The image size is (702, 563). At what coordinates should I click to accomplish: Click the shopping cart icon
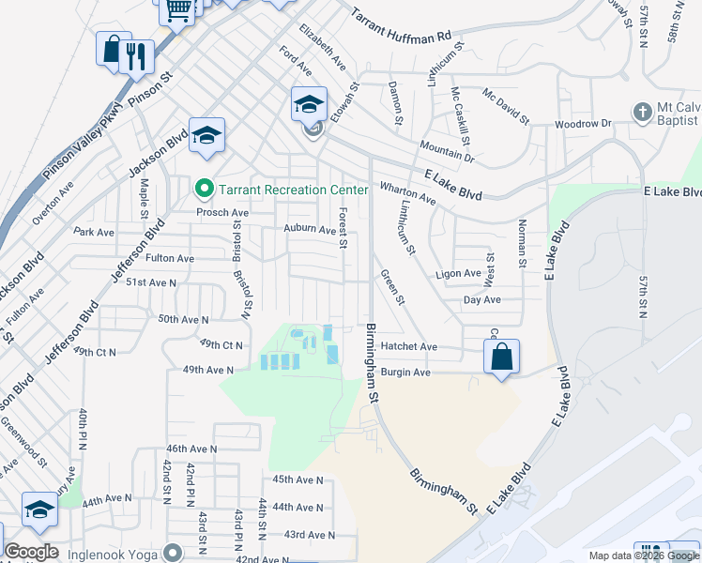coord(177,10)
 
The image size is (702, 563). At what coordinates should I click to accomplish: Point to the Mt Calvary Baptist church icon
coord(643,112)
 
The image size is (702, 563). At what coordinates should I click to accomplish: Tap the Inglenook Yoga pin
coord(171,552)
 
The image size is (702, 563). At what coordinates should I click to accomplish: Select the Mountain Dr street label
coord(448,152)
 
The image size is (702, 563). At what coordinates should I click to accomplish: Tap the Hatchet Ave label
coord(409,346)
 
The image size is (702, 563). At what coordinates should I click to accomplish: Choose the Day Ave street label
coord(482,299)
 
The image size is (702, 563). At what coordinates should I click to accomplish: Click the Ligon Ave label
coord(458,274)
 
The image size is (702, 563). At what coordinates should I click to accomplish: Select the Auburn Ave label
coord(310,229)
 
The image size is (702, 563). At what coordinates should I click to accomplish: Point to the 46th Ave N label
coord(191,449)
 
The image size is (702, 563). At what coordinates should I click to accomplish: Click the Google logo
coord(31,552)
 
